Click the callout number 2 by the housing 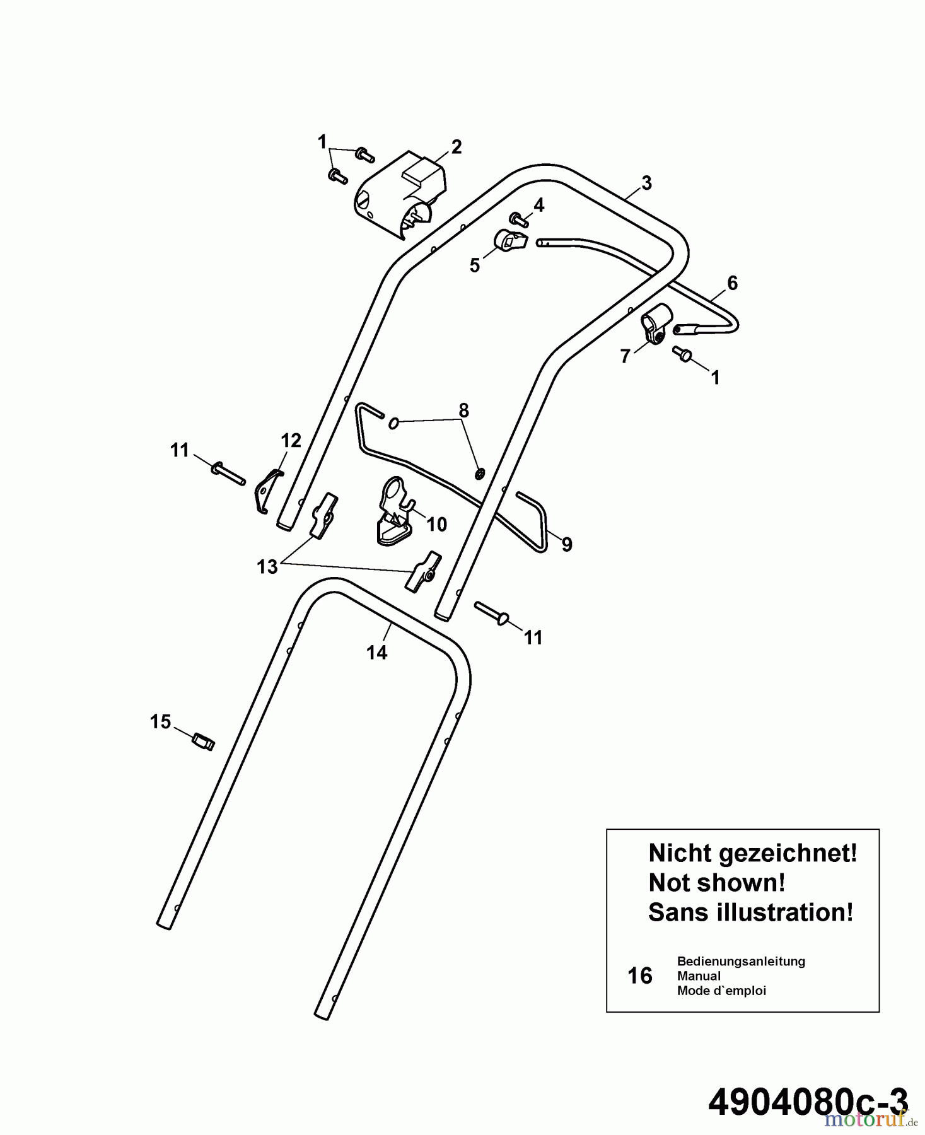[457, 147]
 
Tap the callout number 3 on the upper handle [646, 183]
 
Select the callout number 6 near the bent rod [732, 283]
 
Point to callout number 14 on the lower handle [377, 653]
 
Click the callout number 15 [160, 722]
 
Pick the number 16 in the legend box [640, 976]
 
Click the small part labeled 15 [203, 741]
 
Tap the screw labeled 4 [520, 219]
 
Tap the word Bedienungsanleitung [741, 962]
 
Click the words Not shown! [717, 883]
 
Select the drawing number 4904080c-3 [808, 1102]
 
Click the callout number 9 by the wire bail [567, 544]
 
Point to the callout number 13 [267, 567]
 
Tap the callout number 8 [463, 410]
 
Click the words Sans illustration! [751, 912]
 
